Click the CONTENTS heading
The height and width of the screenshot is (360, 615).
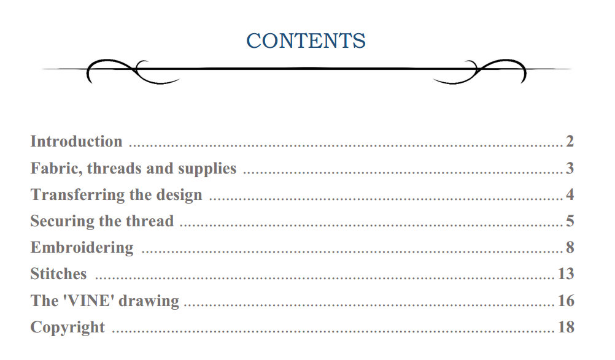[x=306, y=41]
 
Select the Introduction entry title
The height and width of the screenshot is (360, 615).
[x=76, y=142]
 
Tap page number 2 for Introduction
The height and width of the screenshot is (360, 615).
[x=570, y=142]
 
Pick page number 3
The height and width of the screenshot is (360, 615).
[x=570, y=169]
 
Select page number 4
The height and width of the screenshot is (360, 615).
[x=570, y=195]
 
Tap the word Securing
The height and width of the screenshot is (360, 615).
[x=59, y=221]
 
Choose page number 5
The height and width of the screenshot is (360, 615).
[x=570, y=221]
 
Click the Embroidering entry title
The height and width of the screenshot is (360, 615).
[x=82, y=248]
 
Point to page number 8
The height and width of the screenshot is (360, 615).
[x=570, y=248]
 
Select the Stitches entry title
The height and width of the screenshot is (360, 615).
[x=58, y=274]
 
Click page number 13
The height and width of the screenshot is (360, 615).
[x=566, y=274]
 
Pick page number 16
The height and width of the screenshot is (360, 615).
[x=566, y=301]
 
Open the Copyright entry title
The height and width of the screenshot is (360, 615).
[x=68, y=327]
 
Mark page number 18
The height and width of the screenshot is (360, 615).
[x=566, y=327]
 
